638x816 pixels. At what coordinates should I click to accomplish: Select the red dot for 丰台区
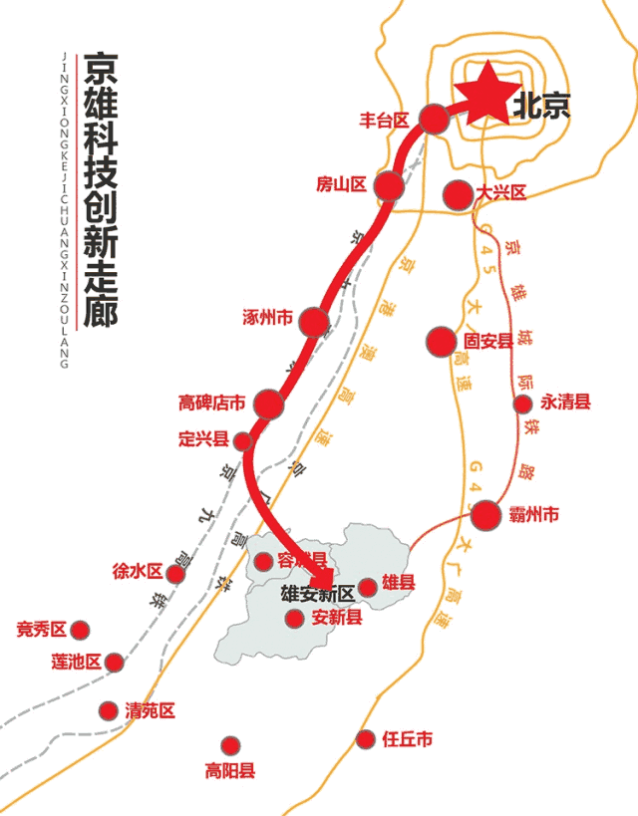pyautogui.click(x=433, y=119)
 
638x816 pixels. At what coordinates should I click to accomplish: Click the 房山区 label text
pyautogui.click(x=342, y=184)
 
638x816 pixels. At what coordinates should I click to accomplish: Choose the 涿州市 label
pyautogui.click(x=267, y=319)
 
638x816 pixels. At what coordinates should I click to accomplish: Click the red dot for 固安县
pyautogui.click(x=441, y=342)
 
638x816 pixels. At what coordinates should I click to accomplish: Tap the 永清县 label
pyautogui.click(x=565, y=403)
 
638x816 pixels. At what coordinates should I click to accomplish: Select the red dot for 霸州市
pyautogui.click(x=485, y=515)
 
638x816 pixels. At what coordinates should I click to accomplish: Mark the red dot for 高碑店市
pyautogui.click(x=269, y=405)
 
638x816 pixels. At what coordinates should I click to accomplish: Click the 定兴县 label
pyautogui.click(x=203, y=438)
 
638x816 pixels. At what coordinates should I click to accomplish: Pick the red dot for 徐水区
pyautogui.click(x=175, y=574)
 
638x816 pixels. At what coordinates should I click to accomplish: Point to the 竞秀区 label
pyautogui.click(x=42, y=630)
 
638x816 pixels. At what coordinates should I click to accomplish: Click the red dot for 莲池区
pyautogui.click(x=115, y=662)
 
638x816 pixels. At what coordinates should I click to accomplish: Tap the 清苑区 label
pyautogui.click(x=151, y=710)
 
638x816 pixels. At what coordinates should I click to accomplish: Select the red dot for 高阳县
pyautogui.click(x=230, y=745)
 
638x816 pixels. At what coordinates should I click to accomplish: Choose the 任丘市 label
pyautogui.click(x=408, y=739)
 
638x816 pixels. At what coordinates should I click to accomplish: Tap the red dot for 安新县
pyautogui.click(x=294, y=619)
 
